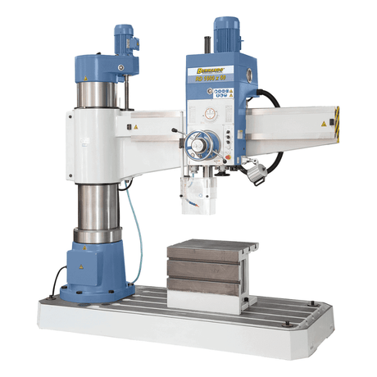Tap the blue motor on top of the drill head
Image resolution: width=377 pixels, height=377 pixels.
225,32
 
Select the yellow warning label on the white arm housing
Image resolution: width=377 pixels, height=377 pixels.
136,128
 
